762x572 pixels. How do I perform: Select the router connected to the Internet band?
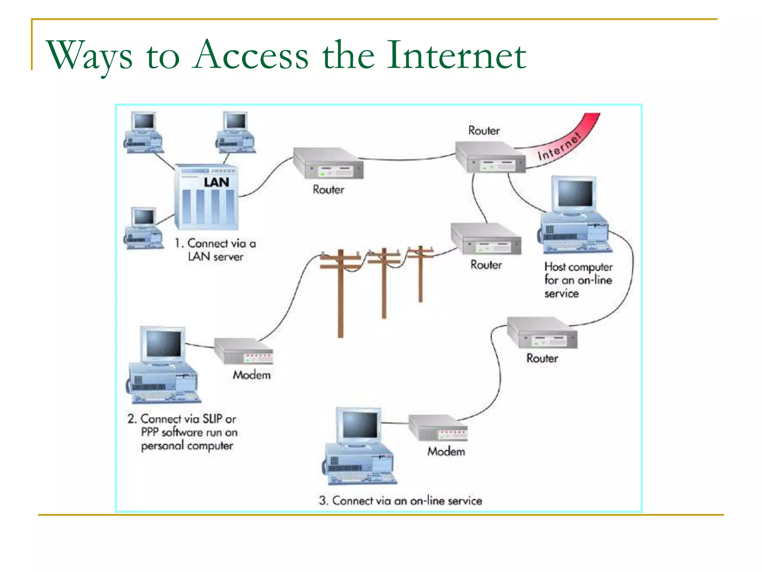[490, 157]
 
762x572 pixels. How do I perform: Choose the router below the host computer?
[542, 333]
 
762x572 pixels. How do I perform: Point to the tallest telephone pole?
[340, 294]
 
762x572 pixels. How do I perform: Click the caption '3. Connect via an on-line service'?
[400, 500]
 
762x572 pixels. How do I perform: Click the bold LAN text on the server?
[216, 182]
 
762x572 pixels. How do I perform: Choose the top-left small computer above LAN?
[143, 132]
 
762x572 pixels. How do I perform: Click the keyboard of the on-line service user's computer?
[360, 478]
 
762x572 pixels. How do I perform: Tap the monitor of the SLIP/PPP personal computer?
[164, 344]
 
